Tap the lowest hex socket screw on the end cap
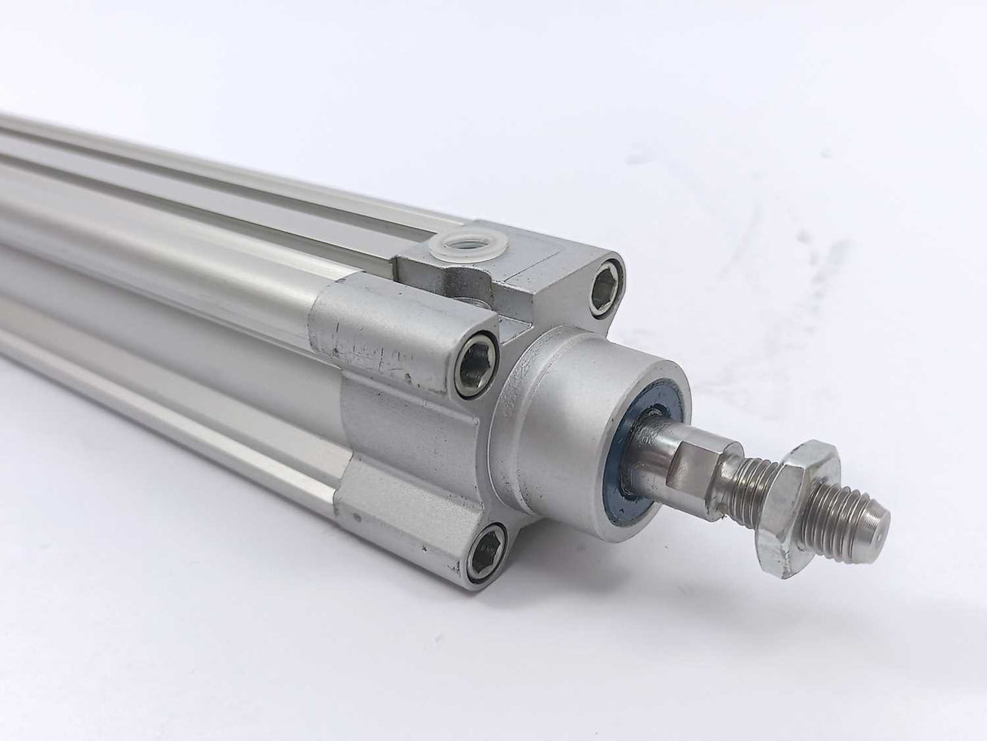click(x=485, y=552)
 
